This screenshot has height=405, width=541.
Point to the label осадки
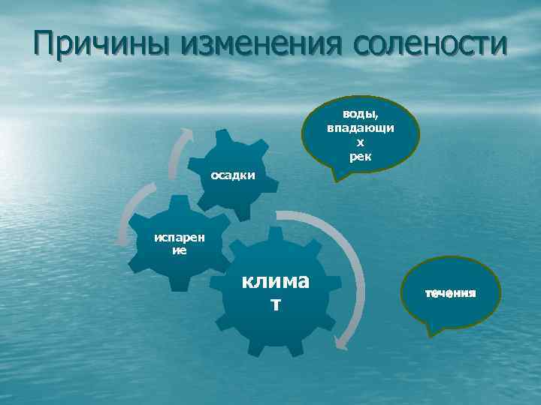(233, 175)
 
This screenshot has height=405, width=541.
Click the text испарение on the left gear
(178, 244)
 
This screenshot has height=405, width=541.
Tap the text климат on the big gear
(275, 292)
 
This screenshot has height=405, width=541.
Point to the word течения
(451, 292)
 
